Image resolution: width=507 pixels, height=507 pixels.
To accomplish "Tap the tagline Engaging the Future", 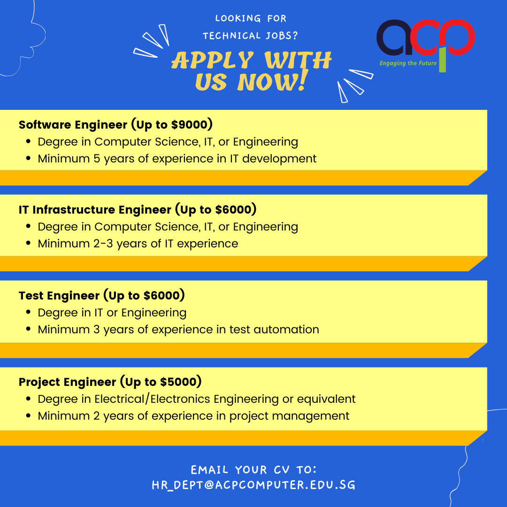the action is [408, 63].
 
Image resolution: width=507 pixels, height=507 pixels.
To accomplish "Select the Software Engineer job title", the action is [73, 125].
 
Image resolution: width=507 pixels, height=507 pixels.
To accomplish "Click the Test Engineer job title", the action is [59, 296].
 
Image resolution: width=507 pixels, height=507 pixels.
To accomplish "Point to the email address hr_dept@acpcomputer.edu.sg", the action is [253, 485].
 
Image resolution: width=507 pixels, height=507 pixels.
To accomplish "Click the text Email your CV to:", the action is [253, 469].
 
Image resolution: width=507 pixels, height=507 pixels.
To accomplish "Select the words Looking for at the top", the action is [251, 18].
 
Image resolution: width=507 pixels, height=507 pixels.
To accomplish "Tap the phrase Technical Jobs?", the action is [250, 36].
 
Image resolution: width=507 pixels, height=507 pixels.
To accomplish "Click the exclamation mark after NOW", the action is [302, 81].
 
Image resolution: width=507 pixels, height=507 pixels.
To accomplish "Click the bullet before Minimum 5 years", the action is [29, 159].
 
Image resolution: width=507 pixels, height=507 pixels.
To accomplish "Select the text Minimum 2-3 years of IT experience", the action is [138, 244].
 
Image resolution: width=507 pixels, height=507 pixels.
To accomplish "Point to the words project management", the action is [289, 416].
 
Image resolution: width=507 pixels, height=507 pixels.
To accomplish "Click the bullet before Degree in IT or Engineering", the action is [29, 312].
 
